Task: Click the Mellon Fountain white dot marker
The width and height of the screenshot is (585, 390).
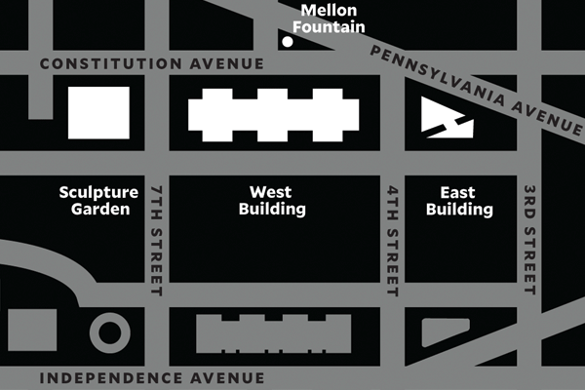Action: pos(288,42)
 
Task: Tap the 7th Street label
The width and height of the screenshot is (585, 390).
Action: pos(157,236)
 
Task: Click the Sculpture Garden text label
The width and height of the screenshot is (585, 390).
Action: pos(94,201)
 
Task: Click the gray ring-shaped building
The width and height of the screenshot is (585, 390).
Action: pos(109,332)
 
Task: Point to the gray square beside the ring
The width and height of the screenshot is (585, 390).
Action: pos(31,331)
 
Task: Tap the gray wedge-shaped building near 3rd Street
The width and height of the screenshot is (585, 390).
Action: pos(444,333)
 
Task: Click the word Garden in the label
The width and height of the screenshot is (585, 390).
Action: pos(94,210)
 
